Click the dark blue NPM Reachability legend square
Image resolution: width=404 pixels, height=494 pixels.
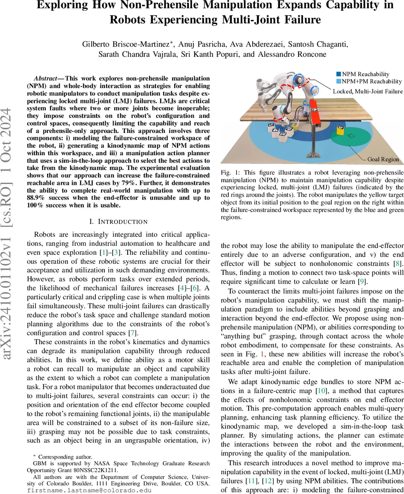[x=339, y=74]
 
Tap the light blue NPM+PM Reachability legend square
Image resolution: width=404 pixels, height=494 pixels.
[x=339, y=82]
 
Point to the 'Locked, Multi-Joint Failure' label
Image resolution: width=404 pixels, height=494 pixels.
[x=368, y=91]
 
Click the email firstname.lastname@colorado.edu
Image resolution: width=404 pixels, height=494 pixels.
[x=89, y=490]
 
